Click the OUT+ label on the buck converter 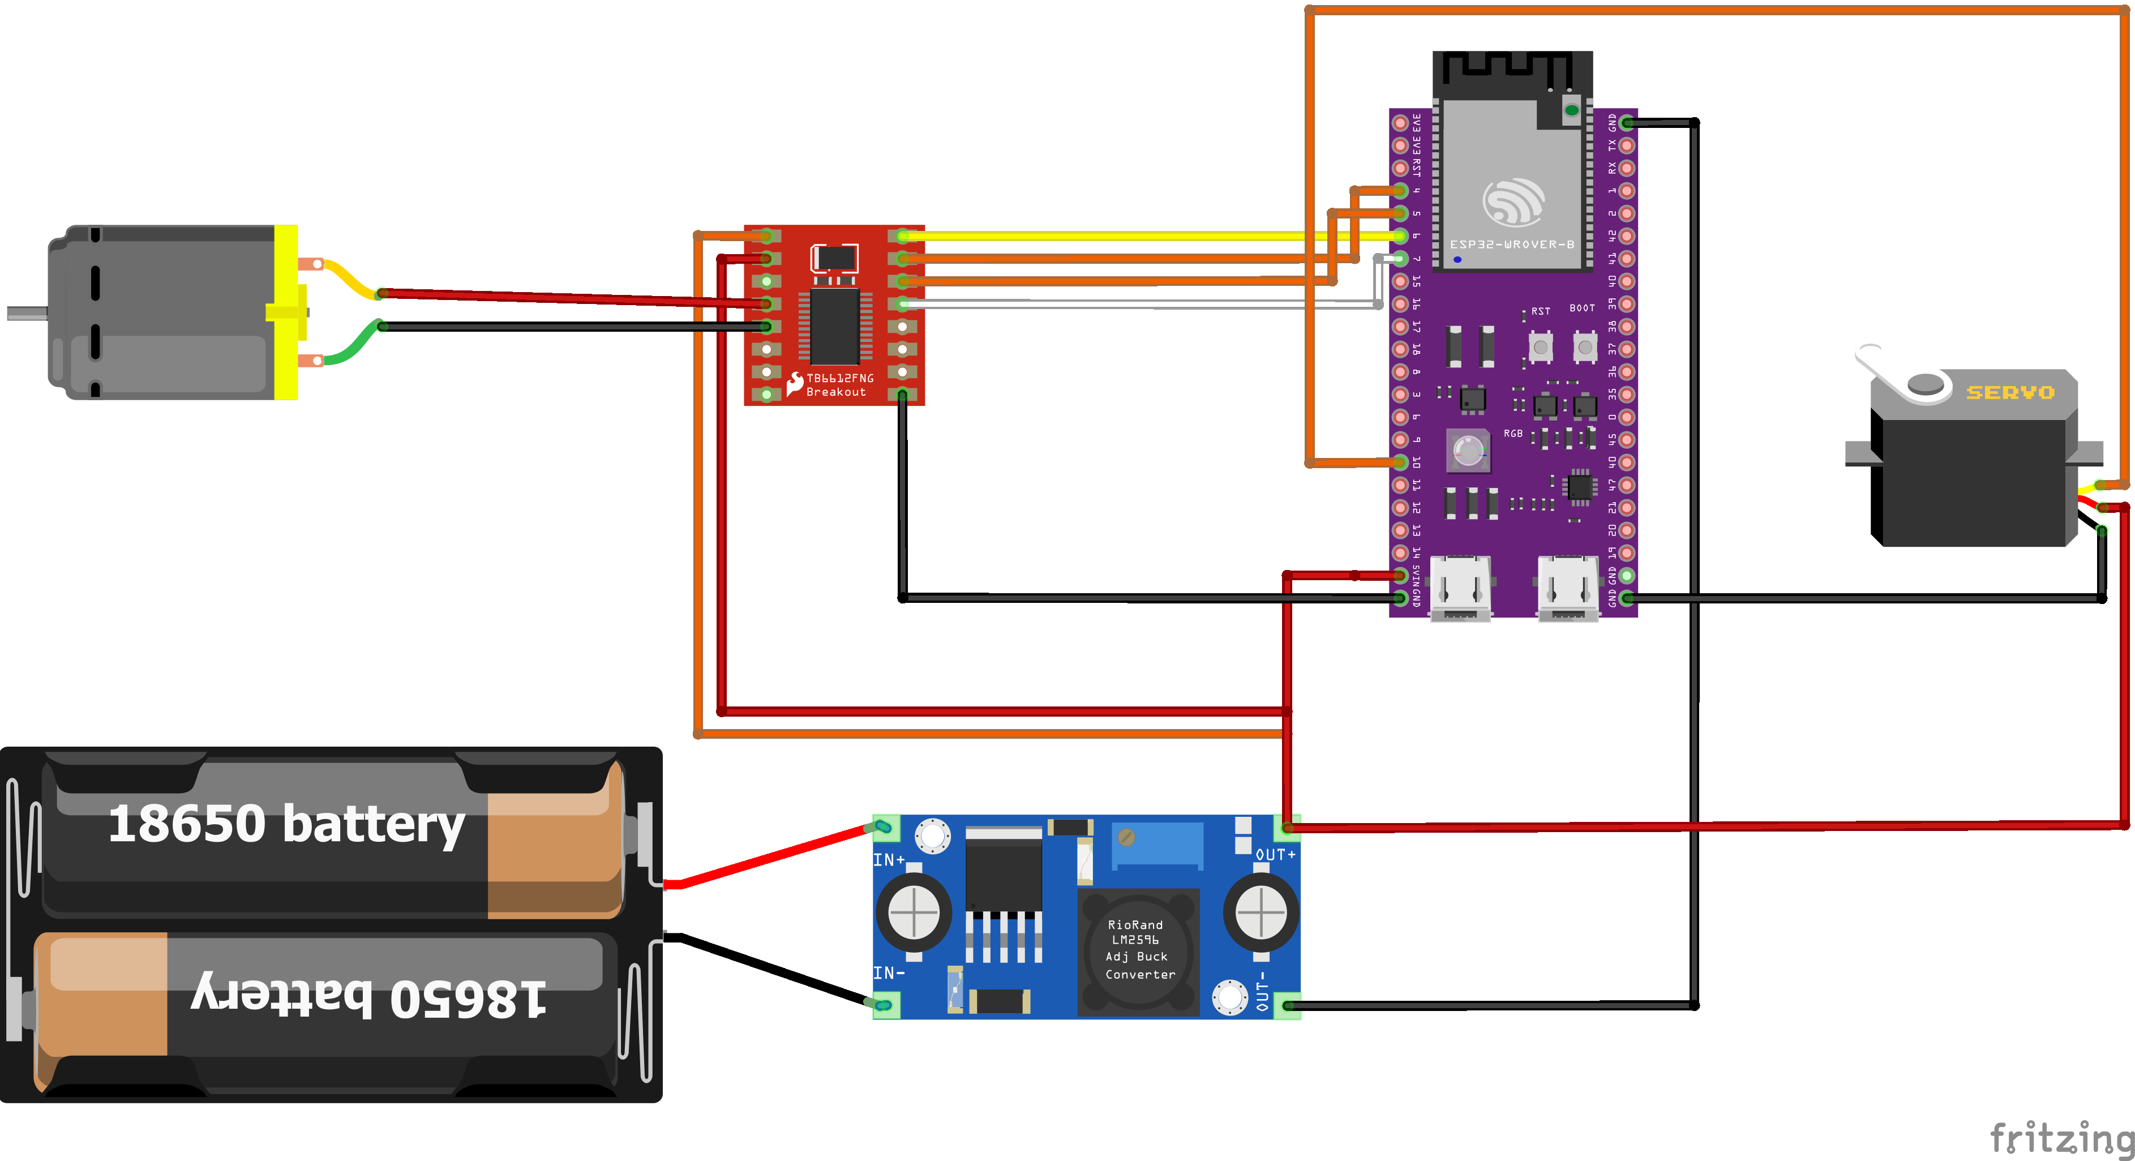point(1275,854)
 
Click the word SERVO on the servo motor point(2010,392)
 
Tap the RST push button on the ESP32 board point(1541,347)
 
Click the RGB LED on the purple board point(1467,451)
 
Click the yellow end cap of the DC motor point(286,312)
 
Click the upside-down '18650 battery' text point(369,995)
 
